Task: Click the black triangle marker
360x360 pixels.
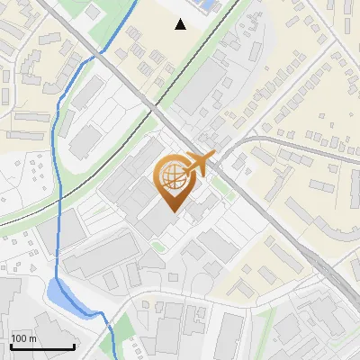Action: pyautogui.click(x=181, y=24)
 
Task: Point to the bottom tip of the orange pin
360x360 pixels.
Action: pyautogui.click(x=172, y=212)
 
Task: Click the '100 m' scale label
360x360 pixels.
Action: pyautogui.click(x=24, y=338)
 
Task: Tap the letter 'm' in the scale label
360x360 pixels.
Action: pyautogui.click(x=32, y=338)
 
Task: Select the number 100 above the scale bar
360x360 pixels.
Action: pyautogui.click(x=19, y=338)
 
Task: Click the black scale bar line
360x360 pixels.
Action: pyautogui.click(x=41, y=346)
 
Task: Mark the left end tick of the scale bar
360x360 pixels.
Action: pyautogui.click(x=10, y=345)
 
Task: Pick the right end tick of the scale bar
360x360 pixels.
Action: pyautogui.click(x=74, y=345)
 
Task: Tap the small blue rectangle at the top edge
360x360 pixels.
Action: pyautogui.click(x=208, y=5)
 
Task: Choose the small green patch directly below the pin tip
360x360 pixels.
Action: pyautogui.click(x=159, y=245)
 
